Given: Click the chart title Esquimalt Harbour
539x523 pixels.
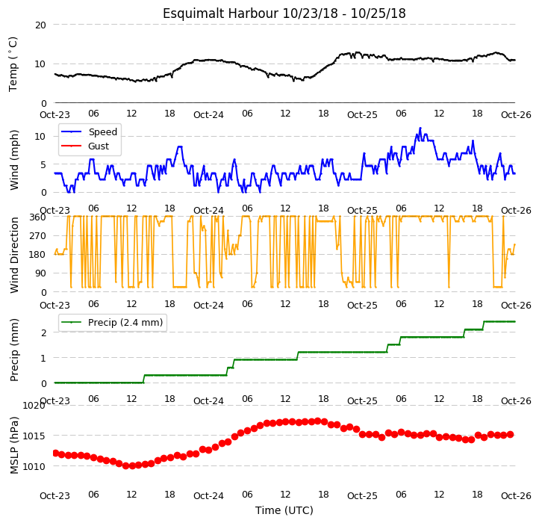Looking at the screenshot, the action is (x=220, y=13).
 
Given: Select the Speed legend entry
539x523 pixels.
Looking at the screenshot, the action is (x=89, y=131).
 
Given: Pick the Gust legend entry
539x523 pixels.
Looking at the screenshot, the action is (x=85, y=146).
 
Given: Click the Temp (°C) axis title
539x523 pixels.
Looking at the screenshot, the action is (x=13, y=64).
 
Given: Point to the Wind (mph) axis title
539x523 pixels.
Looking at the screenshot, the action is (x=14, y=161).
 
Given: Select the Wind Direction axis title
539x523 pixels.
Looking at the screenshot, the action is (x=14, y=255).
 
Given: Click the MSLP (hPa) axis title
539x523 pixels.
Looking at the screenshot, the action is (x=14, y=445).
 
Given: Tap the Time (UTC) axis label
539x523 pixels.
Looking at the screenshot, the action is (x=284, y=510).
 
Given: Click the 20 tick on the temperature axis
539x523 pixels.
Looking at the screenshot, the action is (x=40, y=25).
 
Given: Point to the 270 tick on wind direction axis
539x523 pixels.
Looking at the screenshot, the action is (x=37, y=236).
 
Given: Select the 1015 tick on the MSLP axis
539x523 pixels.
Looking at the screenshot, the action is (x=34, y=436).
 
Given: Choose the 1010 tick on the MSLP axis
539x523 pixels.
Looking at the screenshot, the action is (x=34, y=467).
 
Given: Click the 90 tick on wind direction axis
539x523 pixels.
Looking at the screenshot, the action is (x=40, y=273).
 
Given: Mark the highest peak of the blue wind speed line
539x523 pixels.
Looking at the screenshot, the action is (x=420, y=128).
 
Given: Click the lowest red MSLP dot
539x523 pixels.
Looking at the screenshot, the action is (x=132, y=466).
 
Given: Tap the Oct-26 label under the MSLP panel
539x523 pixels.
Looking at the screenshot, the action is (x=516, y=496).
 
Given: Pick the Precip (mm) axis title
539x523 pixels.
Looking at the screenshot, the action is (x=14, y=350).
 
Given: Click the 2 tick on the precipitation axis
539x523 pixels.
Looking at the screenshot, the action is (x=43, y=333).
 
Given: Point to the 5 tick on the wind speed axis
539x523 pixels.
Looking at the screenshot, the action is (x=43, y=165).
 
